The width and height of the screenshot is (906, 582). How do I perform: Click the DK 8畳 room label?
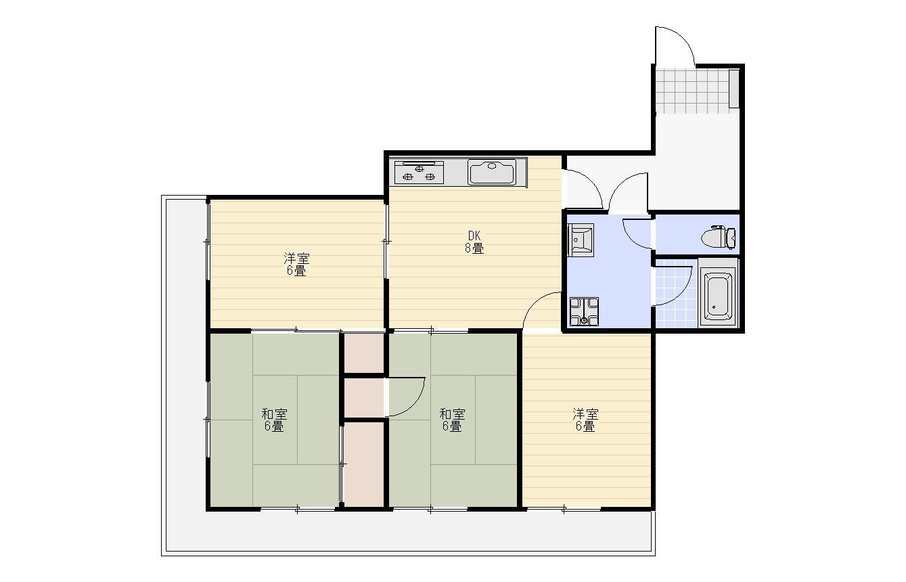pos(474,242)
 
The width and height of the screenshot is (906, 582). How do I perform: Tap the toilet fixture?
pos(719,237)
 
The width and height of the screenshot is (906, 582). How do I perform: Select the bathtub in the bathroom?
pos(718,294)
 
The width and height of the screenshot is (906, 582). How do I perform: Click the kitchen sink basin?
pos(492,172)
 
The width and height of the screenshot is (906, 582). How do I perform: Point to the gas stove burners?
pos(419,173)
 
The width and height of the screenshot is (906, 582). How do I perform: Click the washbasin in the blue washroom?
pos(581,240)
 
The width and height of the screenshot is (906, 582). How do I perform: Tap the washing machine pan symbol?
pos(584,312)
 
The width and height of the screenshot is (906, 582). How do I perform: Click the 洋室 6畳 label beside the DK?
pos(296,265)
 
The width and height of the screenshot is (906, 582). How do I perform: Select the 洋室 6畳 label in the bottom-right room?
pos(585,420)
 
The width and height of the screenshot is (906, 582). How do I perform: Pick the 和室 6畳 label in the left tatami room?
pos(274,420)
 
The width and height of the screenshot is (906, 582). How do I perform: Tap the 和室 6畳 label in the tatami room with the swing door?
pos(452,420)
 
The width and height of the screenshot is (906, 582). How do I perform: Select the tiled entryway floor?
pos(692,91)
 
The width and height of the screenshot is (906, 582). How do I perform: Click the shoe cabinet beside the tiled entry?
pos(733,89)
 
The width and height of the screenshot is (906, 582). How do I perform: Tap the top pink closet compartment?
pos(363,353)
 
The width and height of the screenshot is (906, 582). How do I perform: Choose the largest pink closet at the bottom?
pos(363,465)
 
